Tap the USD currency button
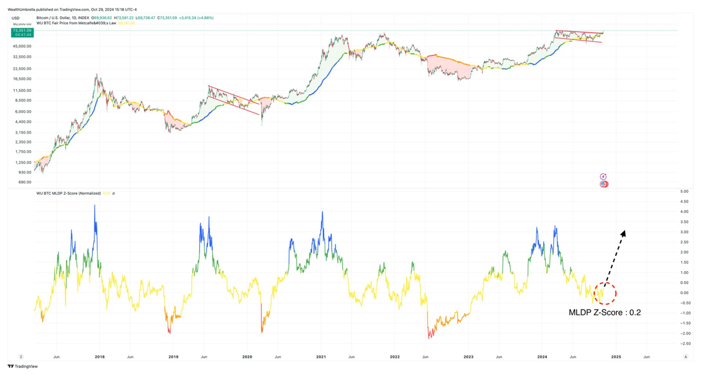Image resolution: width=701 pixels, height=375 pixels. tap(15, 18)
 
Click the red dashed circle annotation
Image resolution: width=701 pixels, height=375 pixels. tap(605, 293)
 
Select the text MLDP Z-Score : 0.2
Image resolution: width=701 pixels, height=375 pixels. tap(604, 313)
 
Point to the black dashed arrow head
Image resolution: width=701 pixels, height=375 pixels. tap(623, 233)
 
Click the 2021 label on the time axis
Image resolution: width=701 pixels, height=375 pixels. tap(321, 357)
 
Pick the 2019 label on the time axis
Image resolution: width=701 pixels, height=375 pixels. tap(173, 357)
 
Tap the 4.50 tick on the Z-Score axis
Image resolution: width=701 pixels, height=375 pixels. tap(684, 201)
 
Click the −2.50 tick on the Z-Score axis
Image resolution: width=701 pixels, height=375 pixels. tap(684, 343)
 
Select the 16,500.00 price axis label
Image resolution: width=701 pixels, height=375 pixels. tap(22, 79)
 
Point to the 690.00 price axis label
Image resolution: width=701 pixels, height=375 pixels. tap(25, 182)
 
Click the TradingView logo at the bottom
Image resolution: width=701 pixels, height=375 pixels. tap(23, 366)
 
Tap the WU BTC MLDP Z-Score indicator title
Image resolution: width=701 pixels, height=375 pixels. tap(68, 193)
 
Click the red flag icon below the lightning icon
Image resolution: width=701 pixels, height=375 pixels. tap(604, 184)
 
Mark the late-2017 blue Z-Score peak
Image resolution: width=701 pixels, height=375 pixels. tap(95, 206)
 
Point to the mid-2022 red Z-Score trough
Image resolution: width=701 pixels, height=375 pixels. tap(429, 338)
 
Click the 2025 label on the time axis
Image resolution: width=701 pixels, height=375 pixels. tap(616, 357)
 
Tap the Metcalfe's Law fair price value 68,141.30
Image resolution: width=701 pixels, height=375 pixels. tap(127, 23)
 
